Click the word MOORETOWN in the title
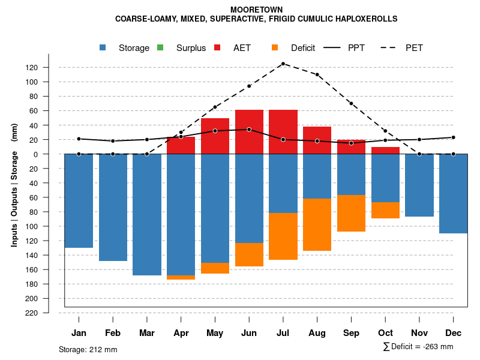point(256,10)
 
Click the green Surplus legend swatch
point(160,48)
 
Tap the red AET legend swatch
point(217,48)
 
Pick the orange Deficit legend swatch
point(275,48)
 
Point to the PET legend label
point(414,48)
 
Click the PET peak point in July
point(283,64)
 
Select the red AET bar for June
point(249,132)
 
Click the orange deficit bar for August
point(317,224)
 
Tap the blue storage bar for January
point(79,200)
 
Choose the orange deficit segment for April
point(181,277)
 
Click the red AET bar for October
point(385,151)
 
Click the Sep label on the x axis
point(351,333)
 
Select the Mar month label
point(146,333)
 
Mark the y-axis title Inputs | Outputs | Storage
point(14,184)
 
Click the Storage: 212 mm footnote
point(88,349)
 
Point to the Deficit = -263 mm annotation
point(418,347)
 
